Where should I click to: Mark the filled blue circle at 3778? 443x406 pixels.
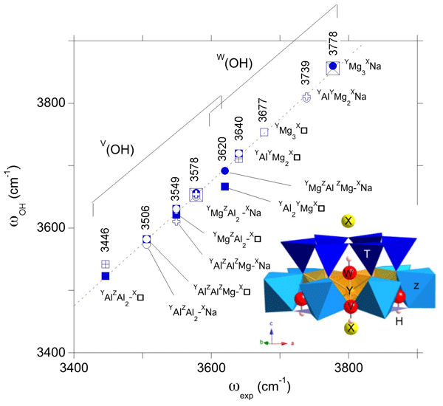coord(333,66)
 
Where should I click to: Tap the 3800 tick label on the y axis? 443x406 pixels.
coord(49,103)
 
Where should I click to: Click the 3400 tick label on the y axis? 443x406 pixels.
coord(49,352)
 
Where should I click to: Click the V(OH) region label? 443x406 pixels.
coord(118,148)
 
